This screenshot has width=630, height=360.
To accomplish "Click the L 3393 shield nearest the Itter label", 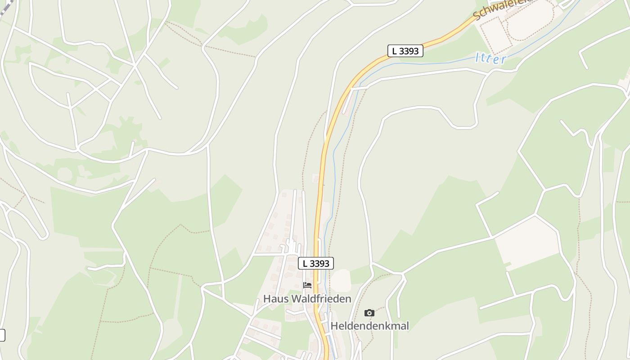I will click(x=405, y=51).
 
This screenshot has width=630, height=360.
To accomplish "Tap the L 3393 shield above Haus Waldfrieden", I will click(x=316, y=263).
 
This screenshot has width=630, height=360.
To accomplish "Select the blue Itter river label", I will click(x=490, y=58).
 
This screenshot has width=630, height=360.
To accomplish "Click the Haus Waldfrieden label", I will click(x=307, y=299).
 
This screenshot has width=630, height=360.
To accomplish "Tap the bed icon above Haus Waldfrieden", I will click(x=307, y=285).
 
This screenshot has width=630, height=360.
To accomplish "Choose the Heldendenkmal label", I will click(x=369, y=326).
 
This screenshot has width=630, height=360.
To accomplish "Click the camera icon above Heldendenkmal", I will click(x=369, y=313).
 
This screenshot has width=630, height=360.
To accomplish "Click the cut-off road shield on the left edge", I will click(x=2, y=335).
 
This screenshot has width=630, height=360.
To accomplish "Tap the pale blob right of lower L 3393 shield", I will click(x=342, y=280).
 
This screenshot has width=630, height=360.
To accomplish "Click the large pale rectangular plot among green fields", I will click(x=526, y=243).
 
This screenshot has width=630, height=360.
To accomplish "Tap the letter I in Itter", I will click(x=477, y=57).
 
